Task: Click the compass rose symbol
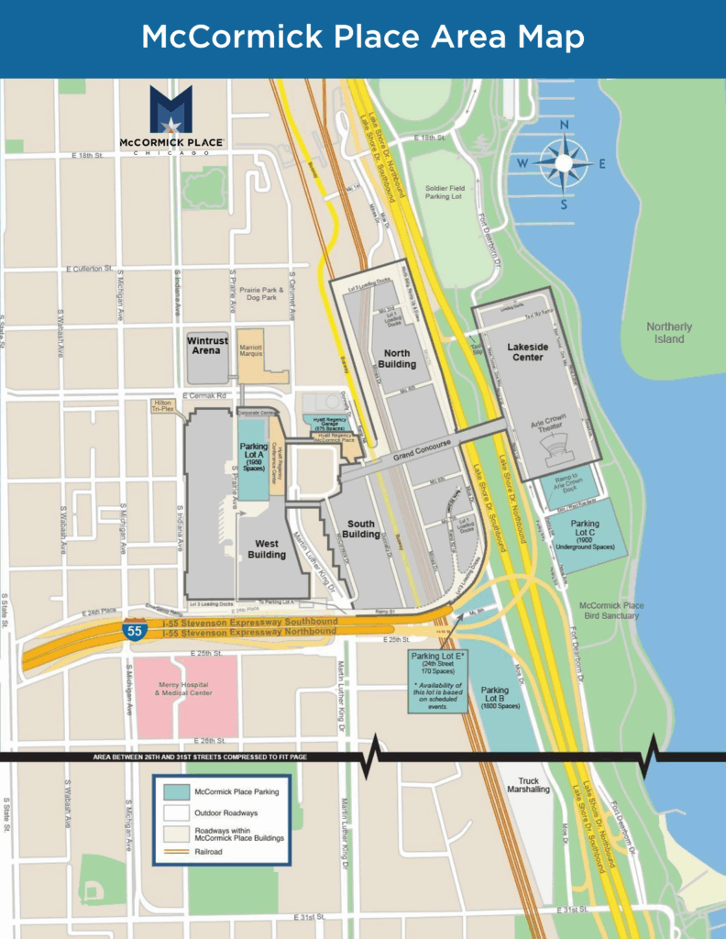564,164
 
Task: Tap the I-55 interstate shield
134,629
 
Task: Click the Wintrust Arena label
208,345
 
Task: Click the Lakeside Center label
526,352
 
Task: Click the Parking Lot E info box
438,679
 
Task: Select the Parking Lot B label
495,698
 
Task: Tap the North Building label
397,359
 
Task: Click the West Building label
267,549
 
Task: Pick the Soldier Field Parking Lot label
444,193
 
